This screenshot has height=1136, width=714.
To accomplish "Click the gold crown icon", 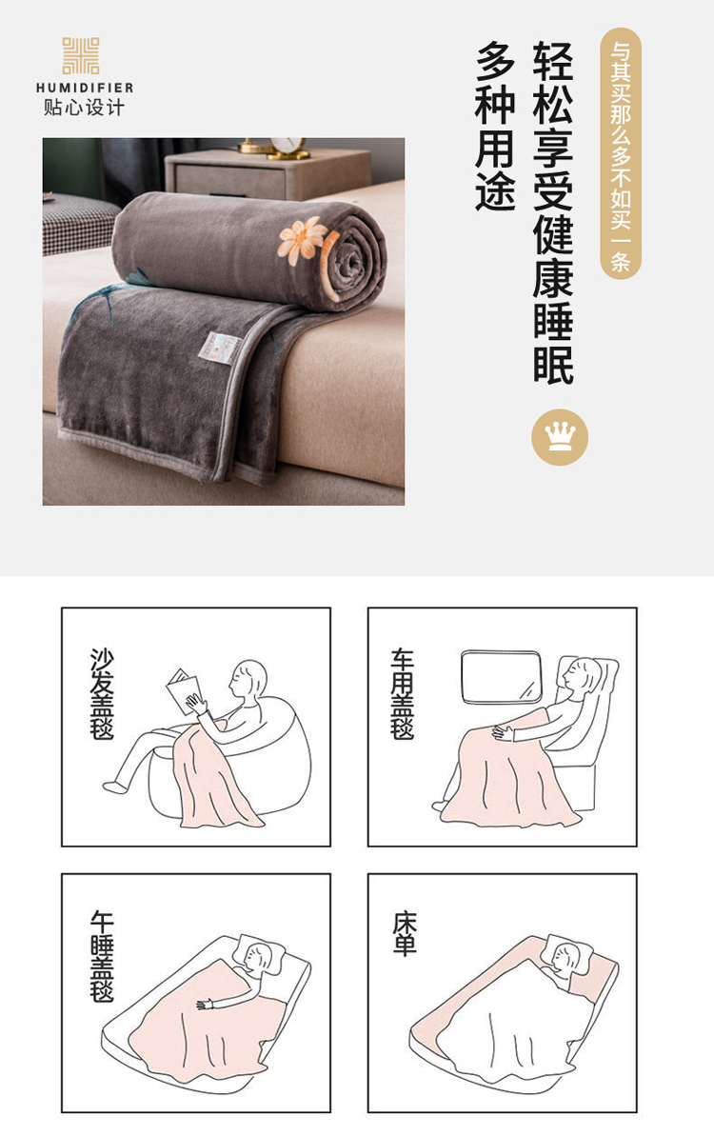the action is coord(560,438).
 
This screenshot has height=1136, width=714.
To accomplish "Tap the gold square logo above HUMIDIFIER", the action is coord(80,56).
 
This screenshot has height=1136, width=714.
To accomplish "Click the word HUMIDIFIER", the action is coord(85,88).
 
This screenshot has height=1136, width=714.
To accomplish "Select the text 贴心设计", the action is coord(84,108).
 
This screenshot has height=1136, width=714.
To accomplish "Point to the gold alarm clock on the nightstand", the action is coord(288,148).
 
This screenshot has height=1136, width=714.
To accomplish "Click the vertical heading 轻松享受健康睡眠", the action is coord(553,212).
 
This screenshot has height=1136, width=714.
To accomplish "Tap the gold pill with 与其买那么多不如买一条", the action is coord(621,153).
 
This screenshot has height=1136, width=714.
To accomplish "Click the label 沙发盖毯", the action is coord(102,693).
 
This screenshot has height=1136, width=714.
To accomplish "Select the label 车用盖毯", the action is coord(403,693).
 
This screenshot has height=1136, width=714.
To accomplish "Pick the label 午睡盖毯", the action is coord(102,956).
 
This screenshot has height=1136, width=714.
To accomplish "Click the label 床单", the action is coord(405,934).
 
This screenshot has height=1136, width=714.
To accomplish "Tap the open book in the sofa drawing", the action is coord(183,689).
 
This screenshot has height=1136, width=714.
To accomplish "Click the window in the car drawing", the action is coord(502,677).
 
